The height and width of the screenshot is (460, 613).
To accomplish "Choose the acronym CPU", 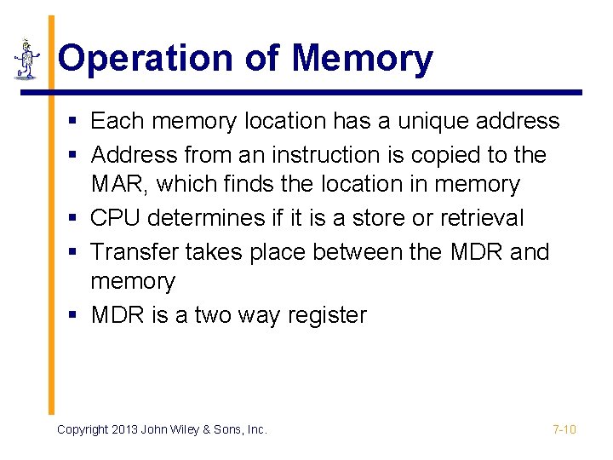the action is click(116, 218).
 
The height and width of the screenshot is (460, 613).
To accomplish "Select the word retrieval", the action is click(482, 218).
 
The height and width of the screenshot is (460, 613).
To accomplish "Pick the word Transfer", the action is click(129, 252).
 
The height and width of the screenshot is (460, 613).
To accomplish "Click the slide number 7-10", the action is click(564, 429).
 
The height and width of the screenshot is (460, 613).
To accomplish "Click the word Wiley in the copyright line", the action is click(189, 430).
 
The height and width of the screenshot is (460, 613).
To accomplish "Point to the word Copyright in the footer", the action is click(83, 430).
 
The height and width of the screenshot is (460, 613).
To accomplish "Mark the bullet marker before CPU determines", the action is click(75, 219).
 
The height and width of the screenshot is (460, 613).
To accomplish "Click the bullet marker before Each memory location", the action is click(75, 122).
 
